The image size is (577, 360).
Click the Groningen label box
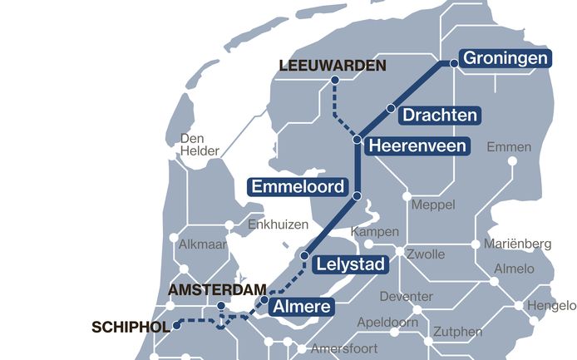click(505, 58)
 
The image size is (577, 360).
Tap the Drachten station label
click(440, 116)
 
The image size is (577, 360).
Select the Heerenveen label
click(417, 145)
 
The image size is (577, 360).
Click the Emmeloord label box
click(298, 186)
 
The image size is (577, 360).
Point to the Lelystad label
click(350, 266)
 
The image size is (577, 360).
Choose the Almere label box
click(301, 307)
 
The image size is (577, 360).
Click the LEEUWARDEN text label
click(333, 65)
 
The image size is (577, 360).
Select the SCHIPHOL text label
click(131, 328)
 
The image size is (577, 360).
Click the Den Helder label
click(200, 145)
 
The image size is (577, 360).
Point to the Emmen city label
click(509, 147)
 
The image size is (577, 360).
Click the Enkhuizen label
click(279, 225)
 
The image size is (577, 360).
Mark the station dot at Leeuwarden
click(335, 81)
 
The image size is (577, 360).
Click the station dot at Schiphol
click(176, 327)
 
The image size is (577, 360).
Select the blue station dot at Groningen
click(454, 62)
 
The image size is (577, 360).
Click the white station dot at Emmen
click(512, 160)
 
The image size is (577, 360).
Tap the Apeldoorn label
click(383, 321)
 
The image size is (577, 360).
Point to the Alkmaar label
click(202, 244)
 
